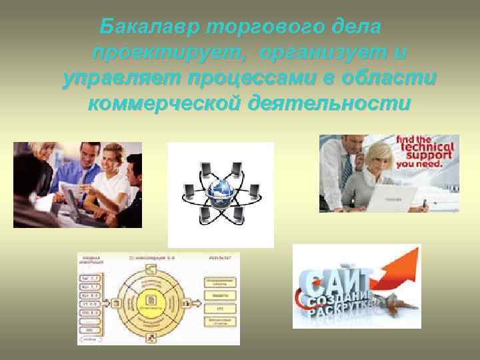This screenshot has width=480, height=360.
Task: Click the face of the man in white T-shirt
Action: [107, 161]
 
